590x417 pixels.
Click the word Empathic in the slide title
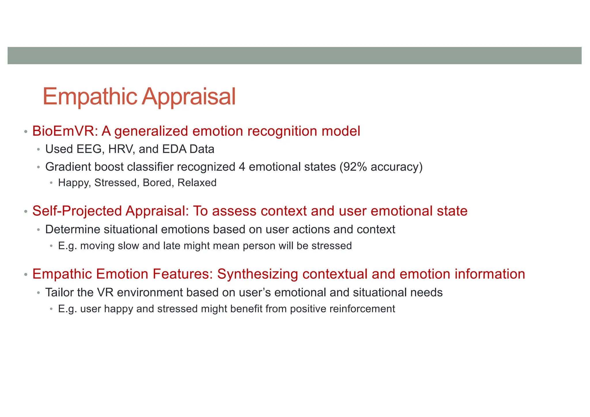coord(90,96)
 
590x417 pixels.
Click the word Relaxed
coord(197,183)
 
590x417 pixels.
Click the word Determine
coord(73,230)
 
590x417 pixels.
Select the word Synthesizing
coord(257,274)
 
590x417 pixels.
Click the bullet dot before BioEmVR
coord(26,132)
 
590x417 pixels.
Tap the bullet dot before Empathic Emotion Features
coord(26,275)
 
